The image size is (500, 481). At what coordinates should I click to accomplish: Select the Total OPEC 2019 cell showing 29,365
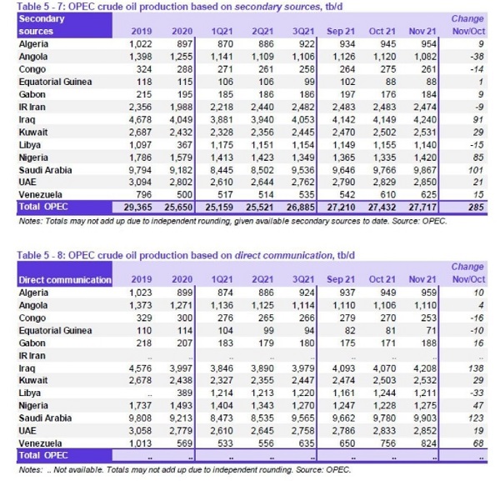click(x=137, y=208)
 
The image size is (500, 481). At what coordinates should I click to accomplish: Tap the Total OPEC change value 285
click(x=476, y=208)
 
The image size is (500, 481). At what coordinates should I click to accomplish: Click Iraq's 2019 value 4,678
click(x=140, y=119)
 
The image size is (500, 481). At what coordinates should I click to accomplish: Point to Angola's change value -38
click(x=477, y=57)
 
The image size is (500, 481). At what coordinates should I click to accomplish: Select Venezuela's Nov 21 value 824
click(x=428, y=443)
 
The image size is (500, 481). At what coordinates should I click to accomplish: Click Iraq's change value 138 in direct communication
click(x=476, y=368)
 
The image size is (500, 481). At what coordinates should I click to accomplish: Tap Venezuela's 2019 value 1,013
click(x=140, y=443)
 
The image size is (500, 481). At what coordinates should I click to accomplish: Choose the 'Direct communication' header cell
click(x=65, y=280)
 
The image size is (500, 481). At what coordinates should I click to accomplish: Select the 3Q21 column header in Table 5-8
click(x=303, y=279)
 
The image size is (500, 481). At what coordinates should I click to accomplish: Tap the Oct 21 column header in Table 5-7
click(x=382, y=31)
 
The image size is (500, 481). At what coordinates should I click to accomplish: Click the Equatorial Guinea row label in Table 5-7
click(x=55, y=82)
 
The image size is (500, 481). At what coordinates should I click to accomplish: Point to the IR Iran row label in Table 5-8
click(x=32, y=356)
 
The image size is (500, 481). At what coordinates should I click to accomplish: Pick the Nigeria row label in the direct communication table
click(x=33, y=406)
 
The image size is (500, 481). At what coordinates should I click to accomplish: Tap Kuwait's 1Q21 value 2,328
click(x=222, y=133)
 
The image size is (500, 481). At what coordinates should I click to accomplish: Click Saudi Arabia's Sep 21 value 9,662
click(x=343, y=418)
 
